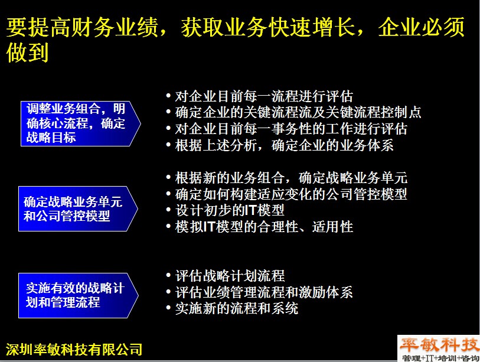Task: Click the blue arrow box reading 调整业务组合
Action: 80,123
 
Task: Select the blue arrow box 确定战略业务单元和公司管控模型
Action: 78,208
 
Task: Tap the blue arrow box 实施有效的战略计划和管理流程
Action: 79,295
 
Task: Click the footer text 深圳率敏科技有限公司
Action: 74,350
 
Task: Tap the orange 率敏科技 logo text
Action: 439,345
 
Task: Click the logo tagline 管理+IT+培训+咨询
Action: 440,358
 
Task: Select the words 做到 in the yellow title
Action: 28,53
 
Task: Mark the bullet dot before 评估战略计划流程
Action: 168,275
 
